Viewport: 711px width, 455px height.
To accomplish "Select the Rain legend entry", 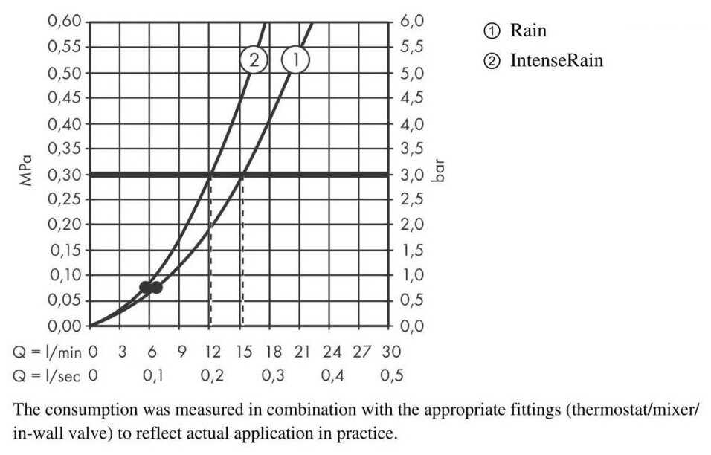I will [527, 30].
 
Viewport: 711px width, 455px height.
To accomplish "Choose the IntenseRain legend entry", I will [556, 60].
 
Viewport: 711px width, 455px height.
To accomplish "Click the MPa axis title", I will [28, 174].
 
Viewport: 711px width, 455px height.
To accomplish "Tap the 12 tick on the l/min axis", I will [213, 350].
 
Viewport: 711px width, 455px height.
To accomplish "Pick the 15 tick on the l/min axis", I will [242, 350].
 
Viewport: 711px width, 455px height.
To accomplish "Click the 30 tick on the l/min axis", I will [390, 350].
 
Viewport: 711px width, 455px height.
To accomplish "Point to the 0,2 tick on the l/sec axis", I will [213, 375].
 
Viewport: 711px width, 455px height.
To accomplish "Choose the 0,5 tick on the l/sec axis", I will [392, 375].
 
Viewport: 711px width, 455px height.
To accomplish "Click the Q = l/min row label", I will [47, 350].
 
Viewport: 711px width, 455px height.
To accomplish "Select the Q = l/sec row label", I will [47, 375].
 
